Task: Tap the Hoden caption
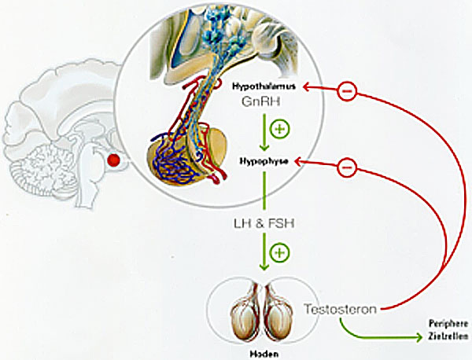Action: point(264,354)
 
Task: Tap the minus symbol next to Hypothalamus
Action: point(348,92)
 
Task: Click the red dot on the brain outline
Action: point(115,161)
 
